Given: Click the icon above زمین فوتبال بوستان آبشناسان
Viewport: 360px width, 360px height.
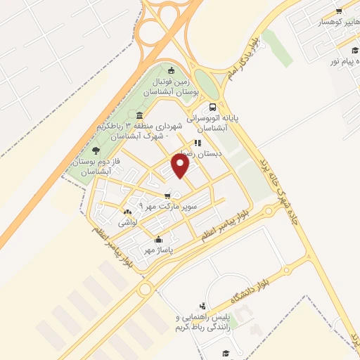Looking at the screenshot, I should tap(172, 70).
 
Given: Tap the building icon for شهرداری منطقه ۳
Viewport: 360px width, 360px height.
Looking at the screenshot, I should tap(141, 115).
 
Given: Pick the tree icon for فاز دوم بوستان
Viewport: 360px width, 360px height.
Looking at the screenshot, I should tap(96, 150).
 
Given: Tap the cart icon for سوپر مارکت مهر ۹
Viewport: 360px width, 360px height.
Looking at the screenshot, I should tap(167, 196).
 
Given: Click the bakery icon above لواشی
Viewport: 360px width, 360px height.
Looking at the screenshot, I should tap(127, 212).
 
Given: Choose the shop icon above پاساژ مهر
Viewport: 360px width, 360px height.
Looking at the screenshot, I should tap(159, 238).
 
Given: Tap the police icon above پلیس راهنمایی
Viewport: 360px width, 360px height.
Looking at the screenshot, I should tap(202, 306).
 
